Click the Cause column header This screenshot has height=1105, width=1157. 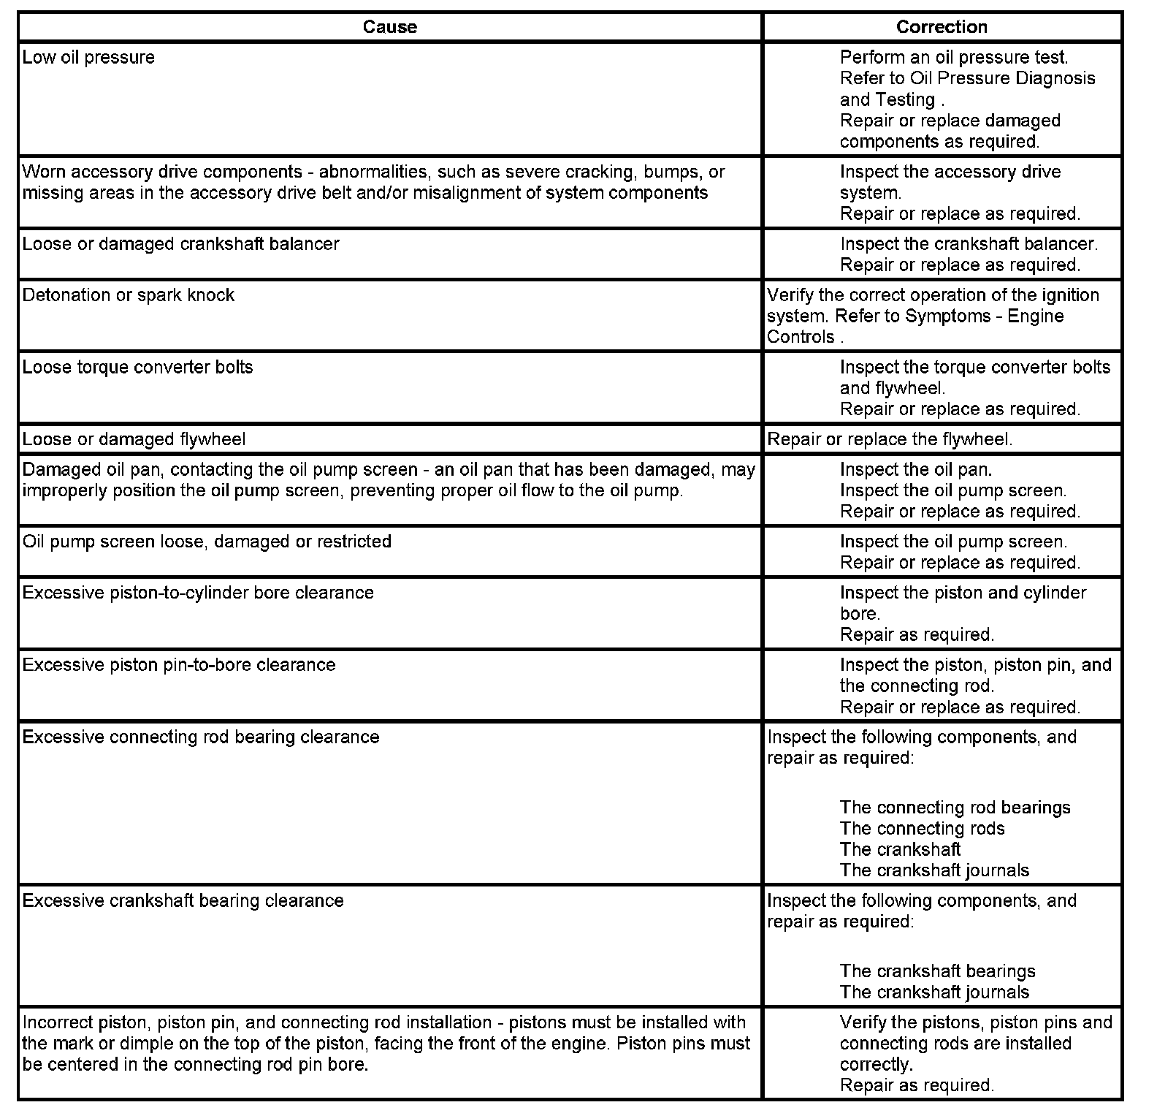click(390, 27)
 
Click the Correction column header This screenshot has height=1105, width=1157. click(942, 27)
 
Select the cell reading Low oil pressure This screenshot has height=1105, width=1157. click(88, 58)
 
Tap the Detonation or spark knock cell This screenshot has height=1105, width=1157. click(129, 295)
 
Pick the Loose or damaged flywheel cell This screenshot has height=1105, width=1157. click(134, 439)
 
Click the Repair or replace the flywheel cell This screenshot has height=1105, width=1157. click(890, 439)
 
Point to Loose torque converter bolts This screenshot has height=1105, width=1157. click(137, 367)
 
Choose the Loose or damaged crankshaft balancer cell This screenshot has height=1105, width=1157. click(180, 244)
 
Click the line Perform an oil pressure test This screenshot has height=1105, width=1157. click(954, 57)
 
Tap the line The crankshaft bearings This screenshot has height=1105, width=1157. click(937, 971)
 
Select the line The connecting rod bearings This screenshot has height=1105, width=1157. click(955, 808)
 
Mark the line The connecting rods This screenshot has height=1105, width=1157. click(922, 829)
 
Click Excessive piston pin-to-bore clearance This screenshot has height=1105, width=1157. click(179, 665)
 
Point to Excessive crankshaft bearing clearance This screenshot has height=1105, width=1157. click(183, 900)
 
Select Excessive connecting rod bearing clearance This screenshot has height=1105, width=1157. click(201, 737)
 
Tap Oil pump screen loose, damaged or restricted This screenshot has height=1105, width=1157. click(207, 542)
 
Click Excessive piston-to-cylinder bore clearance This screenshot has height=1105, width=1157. click(198, 593)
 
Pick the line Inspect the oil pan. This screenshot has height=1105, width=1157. click(916, 469)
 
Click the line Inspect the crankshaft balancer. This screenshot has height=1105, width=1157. click(969, 244)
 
